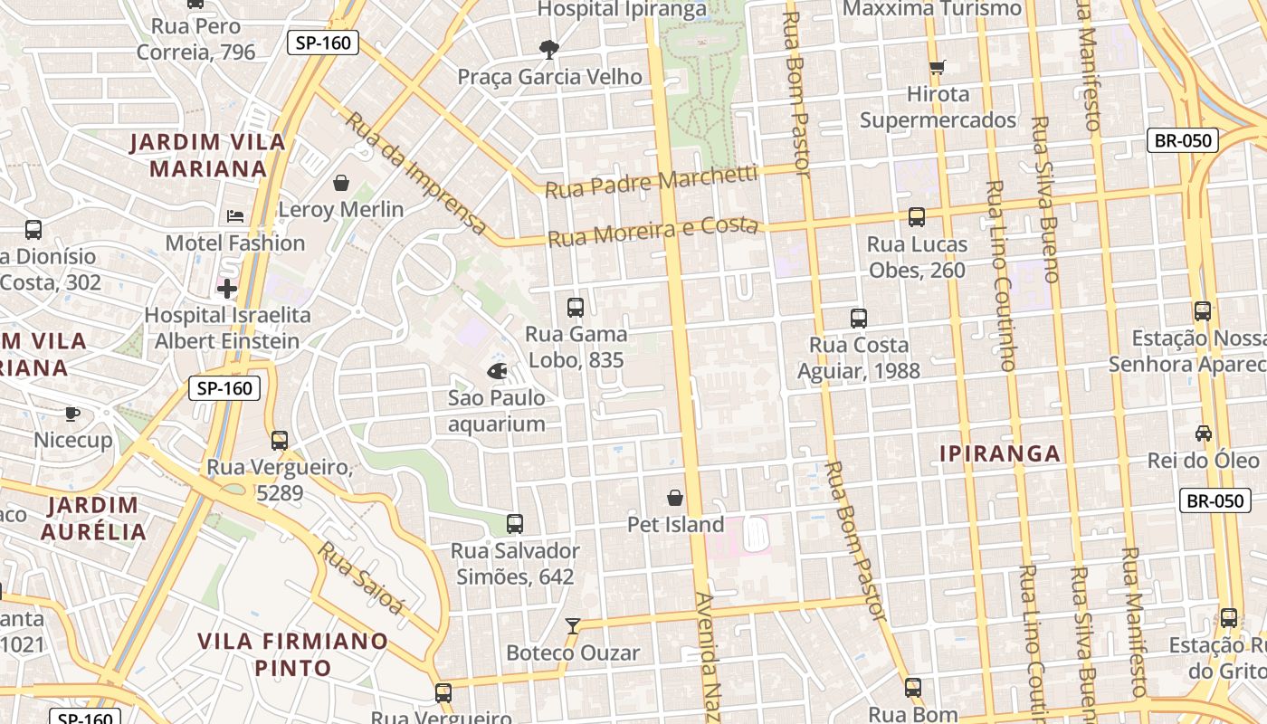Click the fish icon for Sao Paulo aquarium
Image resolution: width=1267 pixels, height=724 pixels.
click(497, 370)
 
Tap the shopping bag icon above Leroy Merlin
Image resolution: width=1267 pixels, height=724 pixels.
click(341, 184)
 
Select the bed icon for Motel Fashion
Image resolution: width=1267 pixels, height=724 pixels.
click(235, 216)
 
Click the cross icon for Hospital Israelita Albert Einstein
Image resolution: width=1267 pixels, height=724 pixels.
click(226, 289)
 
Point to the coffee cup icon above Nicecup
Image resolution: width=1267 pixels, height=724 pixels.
click(72, 414)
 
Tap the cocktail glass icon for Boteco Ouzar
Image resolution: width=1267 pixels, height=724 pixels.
click(572, 625)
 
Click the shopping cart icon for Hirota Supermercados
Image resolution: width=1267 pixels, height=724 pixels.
click(938, 67)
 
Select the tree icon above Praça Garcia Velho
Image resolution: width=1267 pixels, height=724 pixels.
click(548, 49)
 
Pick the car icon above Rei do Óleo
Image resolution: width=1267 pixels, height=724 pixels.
click(1203, 433)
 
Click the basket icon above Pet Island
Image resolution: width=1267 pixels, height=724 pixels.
click(675, 498)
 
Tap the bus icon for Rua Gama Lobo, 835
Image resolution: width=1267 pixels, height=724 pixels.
click(576, 308)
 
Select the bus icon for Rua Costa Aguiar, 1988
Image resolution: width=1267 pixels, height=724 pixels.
click(858, 319)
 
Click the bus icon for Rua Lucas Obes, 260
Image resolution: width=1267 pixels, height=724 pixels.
click(916, 217)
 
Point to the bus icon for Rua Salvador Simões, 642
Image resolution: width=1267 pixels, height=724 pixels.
click(515, 524)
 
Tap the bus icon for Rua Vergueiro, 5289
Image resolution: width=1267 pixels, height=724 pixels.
click(280, 441)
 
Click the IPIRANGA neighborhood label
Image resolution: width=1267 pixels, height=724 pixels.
click(999, 454)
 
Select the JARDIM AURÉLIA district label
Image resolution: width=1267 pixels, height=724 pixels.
click(93, 518)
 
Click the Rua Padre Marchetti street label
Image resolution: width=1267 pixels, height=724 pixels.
click(651, 181)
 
